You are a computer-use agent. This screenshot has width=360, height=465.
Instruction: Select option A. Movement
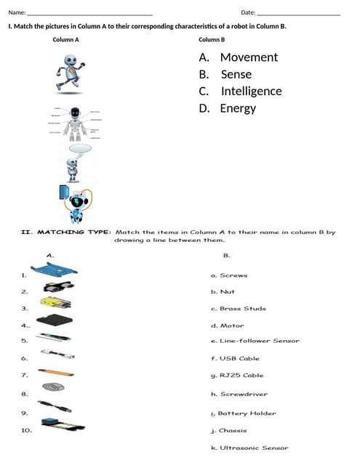tap(238, 57)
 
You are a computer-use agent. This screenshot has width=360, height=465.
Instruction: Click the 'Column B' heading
tap(212, 39)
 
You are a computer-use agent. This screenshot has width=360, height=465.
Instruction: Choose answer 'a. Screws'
tap(229, 275)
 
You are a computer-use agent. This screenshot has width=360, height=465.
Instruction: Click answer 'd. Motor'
tap(228, 325)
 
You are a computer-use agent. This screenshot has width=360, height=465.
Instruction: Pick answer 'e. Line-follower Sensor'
tap(255, 341)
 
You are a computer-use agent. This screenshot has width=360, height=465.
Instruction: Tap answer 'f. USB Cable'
tap(235, 358)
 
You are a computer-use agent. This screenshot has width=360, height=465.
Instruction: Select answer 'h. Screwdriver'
tap(239, 395)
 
